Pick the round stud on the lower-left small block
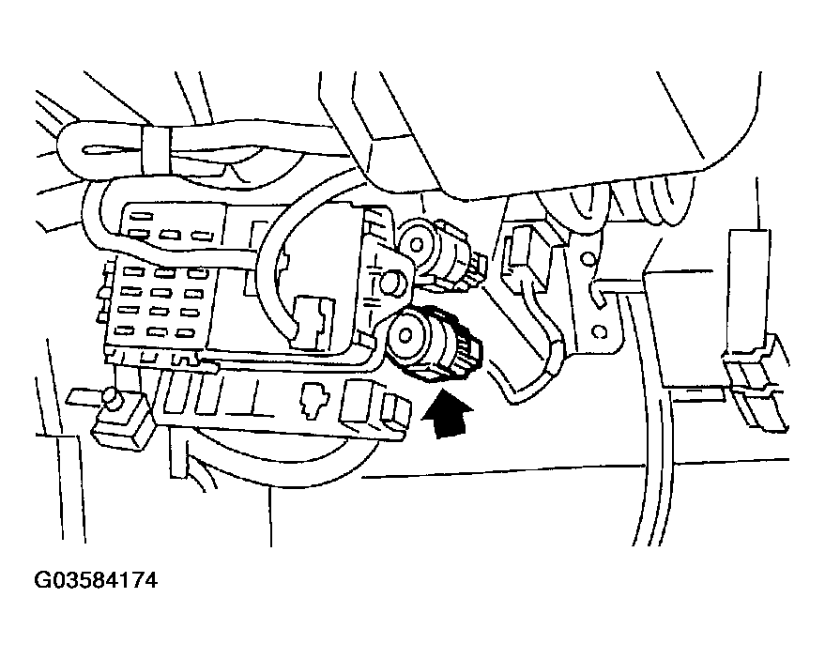(x=114, y=400)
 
